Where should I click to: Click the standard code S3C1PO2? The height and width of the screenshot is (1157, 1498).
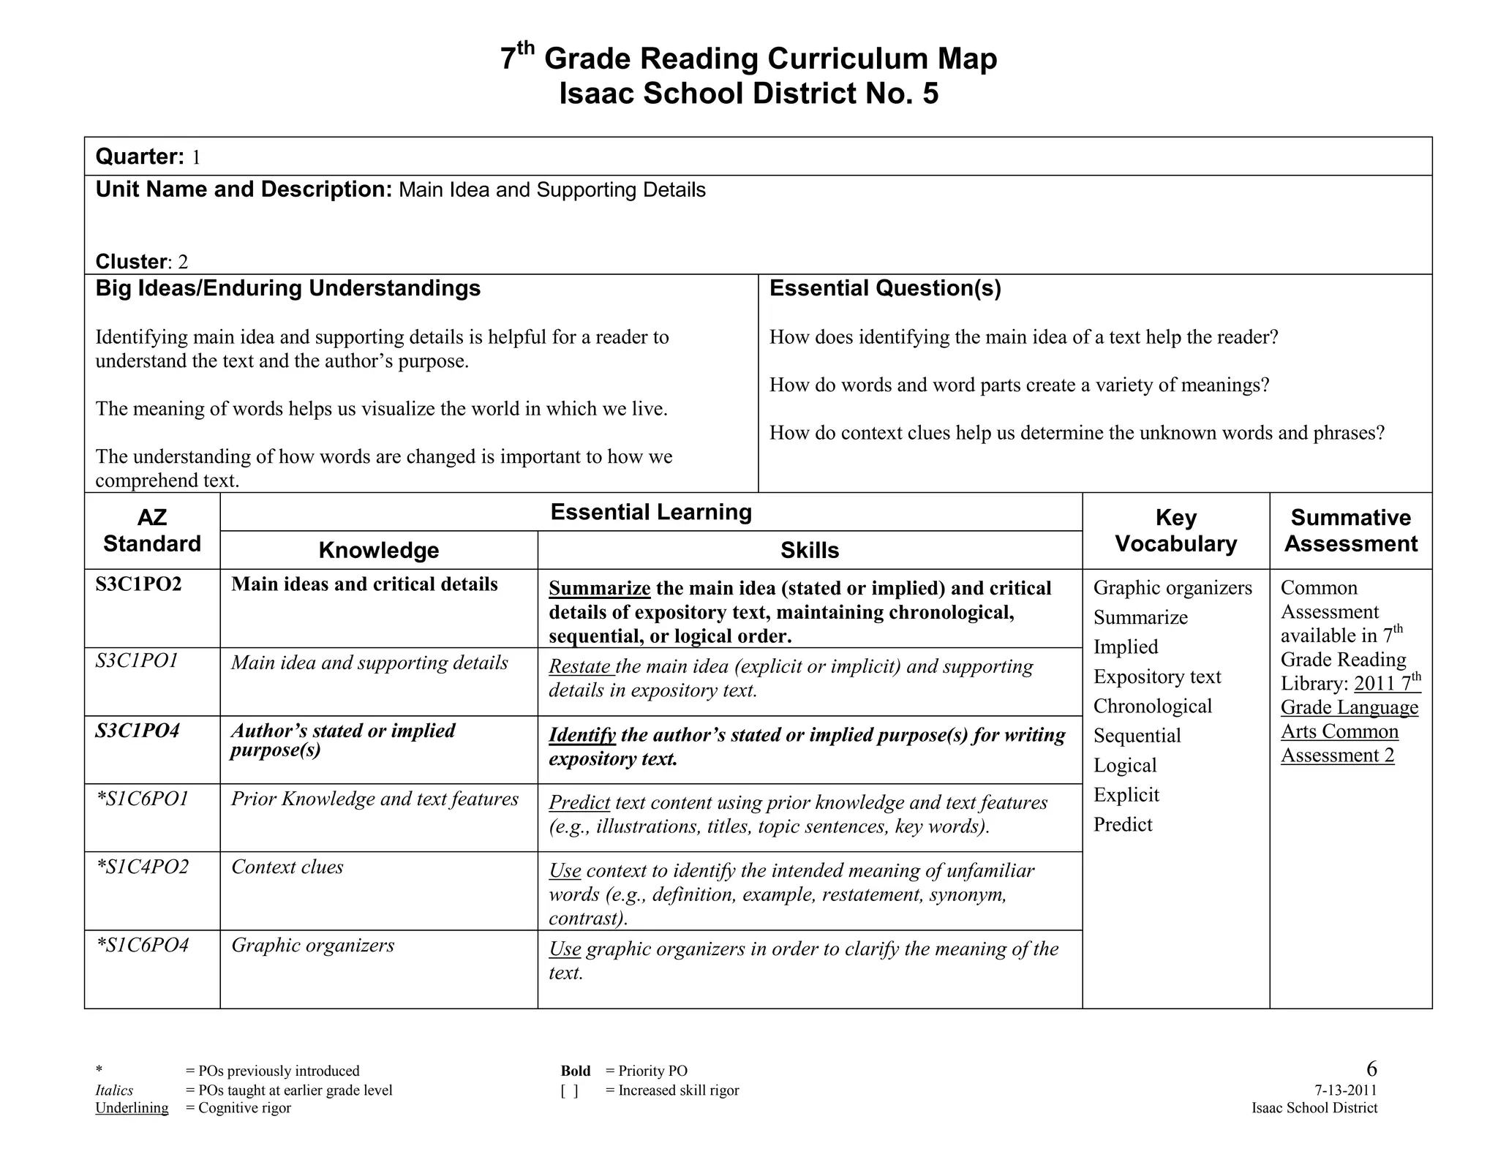coord(138,584)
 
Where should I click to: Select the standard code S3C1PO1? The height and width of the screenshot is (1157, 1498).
coord(137,661)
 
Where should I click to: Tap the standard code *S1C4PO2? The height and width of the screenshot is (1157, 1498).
coord(143,867)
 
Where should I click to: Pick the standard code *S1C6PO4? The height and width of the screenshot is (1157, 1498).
coord(143,945)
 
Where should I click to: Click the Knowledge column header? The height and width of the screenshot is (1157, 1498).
coord(378,550)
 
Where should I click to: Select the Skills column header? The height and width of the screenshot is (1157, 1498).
coord(809,550)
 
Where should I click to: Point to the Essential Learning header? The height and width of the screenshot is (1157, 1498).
coord(650,512)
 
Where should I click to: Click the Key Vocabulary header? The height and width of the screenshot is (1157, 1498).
coord(1175,530)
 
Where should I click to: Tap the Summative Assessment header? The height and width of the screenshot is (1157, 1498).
coord(1350,530)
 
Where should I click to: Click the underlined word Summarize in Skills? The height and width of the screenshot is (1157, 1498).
coord(599,589)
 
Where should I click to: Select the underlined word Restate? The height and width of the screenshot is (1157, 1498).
coord(581,667)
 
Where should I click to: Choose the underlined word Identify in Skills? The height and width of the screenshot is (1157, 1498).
coord(582,735)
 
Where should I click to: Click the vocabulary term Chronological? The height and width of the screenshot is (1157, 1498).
coord(1152,706)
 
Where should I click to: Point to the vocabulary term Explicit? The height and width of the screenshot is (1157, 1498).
coord(1126,795)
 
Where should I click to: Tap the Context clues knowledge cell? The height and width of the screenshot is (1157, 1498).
coord(287,867)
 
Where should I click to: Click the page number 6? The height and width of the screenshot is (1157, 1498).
coord(1371,1069)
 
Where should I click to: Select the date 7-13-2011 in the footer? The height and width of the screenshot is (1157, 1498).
coord(1345,1090)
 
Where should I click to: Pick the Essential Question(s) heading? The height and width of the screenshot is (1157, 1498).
coord(884,288)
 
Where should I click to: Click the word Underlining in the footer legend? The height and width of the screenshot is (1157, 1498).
coord(132,1108)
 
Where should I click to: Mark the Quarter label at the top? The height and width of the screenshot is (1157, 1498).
coord(139,157)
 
